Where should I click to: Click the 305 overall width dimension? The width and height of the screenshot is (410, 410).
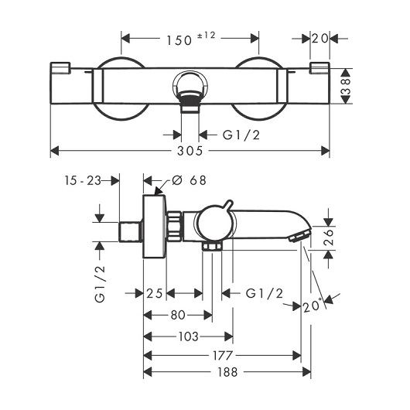(190, 151)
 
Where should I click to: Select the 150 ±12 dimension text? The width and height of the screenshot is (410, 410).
(191, 39)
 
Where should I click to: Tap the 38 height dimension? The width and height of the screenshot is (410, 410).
(346, 86)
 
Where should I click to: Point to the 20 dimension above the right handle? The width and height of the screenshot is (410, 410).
(319, 39)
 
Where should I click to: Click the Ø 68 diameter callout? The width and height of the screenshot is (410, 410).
(189, 180)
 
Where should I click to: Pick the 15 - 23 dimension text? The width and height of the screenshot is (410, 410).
(83, 180)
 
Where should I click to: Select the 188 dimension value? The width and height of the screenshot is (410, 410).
(227, 372)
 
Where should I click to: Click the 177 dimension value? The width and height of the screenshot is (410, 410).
(223, 355)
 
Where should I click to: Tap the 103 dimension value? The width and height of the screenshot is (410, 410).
(189, 337)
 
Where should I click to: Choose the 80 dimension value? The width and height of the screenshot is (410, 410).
(178, 315)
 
